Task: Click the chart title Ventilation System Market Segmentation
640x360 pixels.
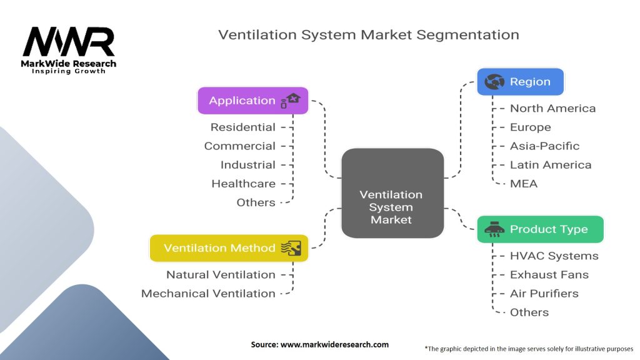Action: click(x=368, y=35)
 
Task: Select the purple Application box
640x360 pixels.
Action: click(x=252, y=101)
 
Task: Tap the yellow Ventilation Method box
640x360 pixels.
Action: click(x=229, y=248)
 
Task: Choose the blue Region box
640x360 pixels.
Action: click(x=520, y=82)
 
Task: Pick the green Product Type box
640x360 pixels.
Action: click(x=540, y=229)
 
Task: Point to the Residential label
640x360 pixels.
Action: click(x=242, y=127)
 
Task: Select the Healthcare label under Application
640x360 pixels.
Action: click(x=243, y=184)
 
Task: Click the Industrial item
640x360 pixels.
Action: click(x=247, y=165)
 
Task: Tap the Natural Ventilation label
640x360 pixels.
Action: click(x=221, y=275)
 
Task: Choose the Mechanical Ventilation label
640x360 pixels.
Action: click(x=208, y=294)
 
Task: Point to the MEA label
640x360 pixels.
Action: click(x=523, y=184)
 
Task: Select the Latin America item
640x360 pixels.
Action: click(x=550, y=165)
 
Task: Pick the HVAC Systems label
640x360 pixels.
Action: click(x=554, y=256)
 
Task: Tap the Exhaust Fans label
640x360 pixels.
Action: click(x=549, y=275)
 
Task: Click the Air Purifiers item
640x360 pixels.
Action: click(x=544, y=294)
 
